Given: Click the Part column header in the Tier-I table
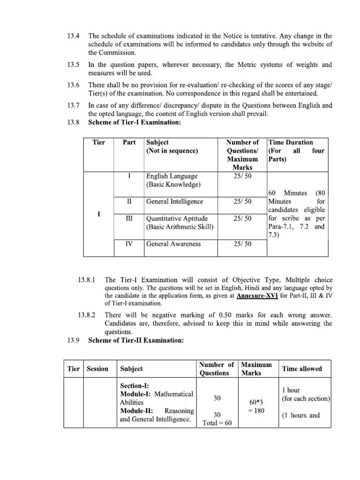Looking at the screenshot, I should click(x=129, y=142).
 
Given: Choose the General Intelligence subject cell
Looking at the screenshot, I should click(x=174, y=202).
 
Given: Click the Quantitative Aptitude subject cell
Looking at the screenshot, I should click(x=177, y=223).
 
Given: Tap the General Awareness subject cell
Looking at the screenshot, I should click(x=173, y=244).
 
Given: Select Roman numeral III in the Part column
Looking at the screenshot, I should click(x=129, y=218).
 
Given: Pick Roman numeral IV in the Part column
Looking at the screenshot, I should click(x=129, y=244).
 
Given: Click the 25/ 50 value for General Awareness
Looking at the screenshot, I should click(x=242, y=244).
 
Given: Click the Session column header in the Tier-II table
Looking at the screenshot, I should click(x=97, y=369).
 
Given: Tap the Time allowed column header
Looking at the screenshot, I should click(x=301, y=369).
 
